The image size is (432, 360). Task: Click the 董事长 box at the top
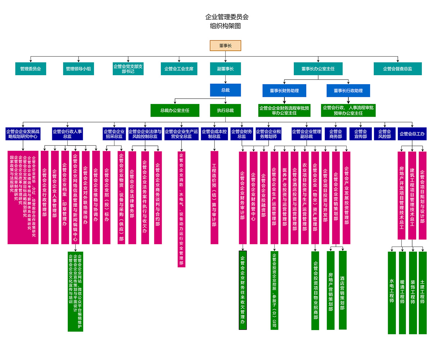225,46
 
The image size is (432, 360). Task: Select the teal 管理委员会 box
31,69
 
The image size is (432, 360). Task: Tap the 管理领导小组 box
78,69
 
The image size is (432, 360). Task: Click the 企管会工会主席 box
179,69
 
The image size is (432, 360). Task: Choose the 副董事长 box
225,69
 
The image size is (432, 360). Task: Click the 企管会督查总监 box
397,69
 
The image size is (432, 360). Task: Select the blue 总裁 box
225,90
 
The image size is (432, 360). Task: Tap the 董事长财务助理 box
284,91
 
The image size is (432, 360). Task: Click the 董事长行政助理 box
348,91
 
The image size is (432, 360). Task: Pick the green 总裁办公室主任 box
175,110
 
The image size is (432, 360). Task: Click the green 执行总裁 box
225,110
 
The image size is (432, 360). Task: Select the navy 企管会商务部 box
336,134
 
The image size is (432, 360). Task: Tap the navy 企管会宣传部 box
360,134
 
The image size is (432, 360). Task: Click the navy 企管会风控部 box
384,134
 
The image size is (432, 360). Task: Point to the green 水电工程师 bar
392,292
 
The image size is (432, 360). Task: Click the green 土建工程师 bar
423,292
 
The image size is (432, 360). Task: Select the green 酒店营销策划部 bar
342,290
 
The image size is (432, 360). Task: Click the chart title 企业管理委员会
227,17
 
